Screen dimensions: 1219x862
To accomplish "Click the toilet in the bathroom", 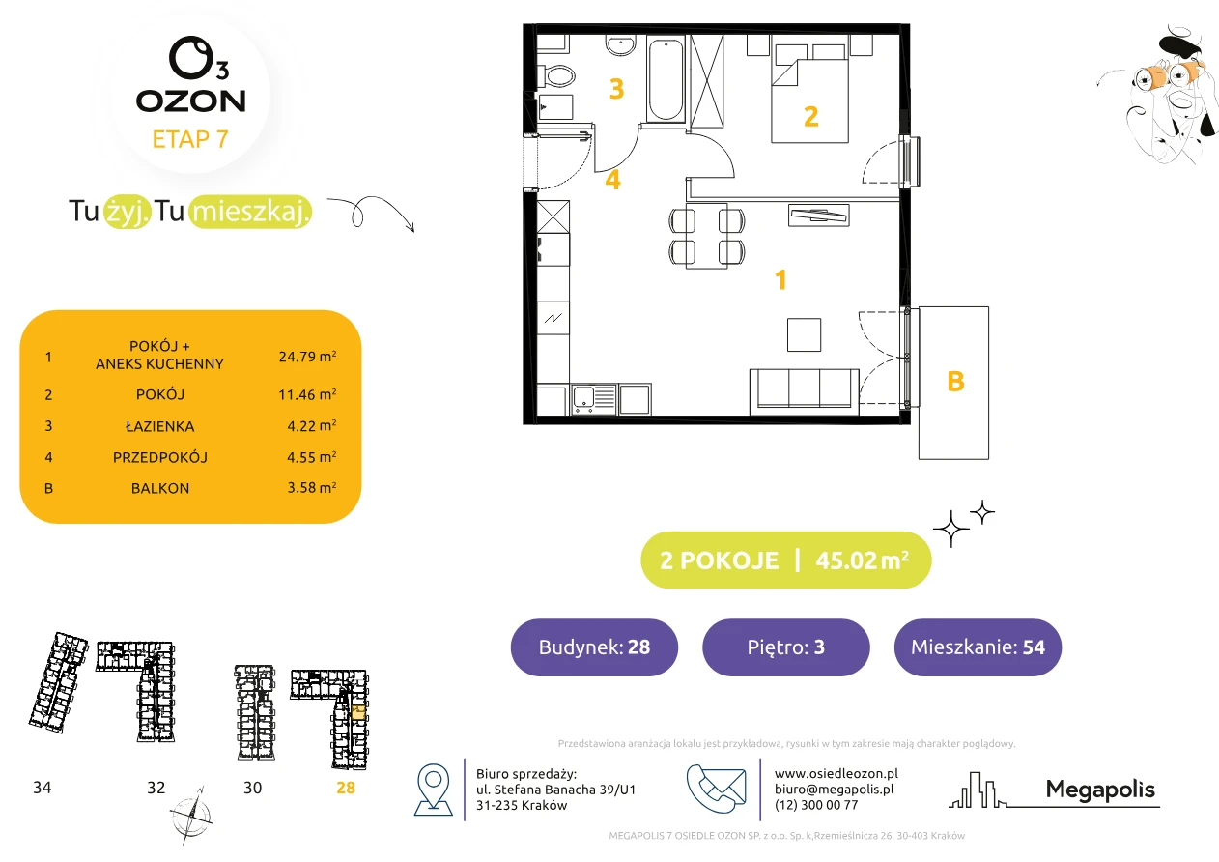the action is pos(556,75).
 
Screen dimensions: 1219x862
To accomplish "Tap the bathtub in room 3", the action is pos(666,79).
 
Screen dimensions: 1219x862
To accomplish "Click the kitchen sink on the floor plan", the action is pos(594,399).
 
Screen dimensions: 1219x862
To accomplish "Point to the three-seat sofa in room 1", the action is pos(805,391).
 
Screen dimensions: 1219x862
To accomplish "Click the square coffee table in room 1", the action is pos(804,335).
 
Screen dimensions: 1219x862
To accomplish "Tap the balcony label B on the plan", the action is pos(955,381).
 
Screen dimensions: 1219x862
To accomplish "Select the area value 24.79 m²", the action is pos(307,357).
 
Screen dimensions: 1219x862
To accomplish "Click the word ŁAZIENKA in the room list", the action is pos(160,426).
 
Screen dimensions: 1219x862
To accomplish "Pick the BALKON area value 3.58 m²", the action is pos(312,487).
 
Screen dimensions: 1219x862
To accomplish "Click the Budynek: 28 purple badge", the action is pos(594,646).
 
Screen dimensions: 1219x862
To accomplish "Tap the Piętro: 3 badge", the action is pos(786,646).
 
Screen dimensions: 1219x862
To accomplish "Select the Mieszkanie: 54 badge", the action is pos(978,646).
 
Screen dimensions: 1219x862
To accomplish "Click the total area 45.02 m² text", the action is pos(862,560).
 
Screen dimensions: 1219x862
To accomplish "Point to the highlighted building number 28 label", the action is pos(346,788).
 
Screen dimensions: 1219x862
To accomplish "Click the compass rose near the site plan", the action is pos(190,816).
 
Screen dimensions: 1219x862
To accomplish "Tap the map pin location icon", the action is pos(433,790).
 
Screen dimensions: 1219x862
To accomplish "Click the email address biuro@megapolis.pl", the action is pos(835,789).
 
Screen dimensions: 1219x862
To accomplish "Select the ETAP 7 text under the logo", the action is pos(190,139).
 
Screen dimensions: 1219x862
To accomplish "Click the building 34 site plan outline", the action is pos(58,683).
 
